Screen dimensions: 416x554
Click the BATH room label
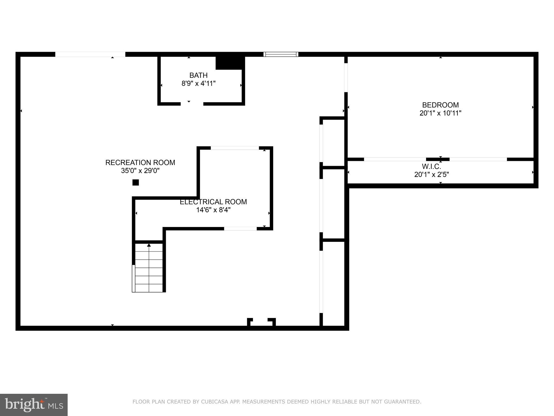click(198, 75)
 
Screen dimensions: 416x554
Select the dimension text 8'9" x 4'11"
click(198, 83)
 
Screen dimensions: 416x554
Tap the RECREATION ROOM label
click(140, 162)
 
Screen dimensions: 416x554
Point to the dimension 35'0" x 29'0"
click(140, 171)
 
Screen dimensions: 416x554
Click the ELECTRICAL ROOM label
click(213, 202)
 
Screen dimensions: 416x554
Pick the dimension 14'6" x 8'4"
click(213, 210)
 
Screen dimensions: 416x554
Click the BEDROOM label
click(440, 105)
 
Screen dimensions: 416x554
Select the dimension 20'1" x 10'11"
click(440, 113)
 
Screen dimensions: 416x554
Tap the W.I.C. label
click(431, 167)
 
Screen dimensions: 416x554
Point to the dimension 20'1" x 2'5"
click(431, 175)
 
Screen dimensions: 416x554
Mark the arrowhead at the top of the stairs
click(149, 245)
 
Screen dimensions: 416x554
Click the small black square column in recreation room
click(136, 183)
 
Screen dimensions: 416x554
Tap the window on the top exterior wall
click(281, 54)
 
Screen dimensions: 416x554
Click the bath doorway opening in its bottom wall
click(192, 104)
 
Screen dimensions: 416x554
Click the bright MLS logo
click(34, 405)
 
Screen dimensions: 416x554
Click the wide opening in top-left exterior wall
click(90, 54)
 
